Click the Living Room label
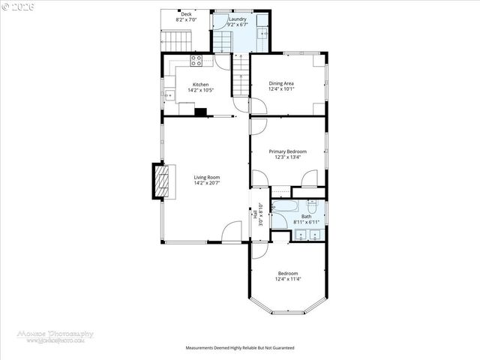(x=206, y=177)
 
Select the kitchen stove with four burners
(x=197, y=60)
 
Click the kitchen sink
(x=170, y=94)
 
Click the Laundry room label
(x=238, y=19)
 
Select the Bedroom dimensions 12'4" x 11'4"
(x=287, y=279)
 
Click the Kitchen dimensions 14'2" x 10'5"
(x=200, y=91)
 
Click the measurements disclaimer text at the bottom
(x=239, y=348)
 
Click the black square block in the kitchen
(x=200, y=112)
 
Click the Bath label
(x=306, y=217)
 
